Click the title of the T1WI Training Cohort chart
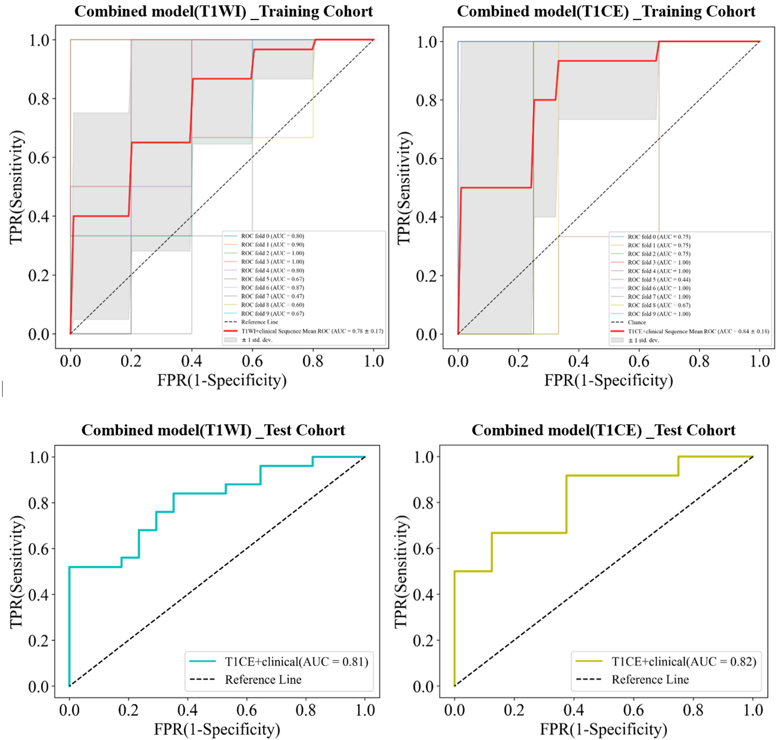(224, 12)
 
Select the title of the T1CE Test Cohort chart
(603, 430)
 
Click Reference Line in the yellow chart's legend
(650, 680)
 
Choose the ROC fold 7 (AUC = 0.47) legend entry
(272, 296)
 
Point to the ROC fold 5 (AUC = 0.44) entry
(659, 279)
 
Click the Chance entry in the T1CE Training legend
(637, 322)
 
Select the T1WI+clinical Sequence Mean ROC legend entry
(312, 331)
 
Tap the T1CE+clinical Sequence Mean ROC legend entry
(698, 331)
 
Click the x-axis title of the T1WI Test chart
(217, 729)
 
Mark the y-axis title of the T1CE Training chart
(404, 188)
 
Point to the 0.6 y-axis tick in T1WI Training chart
(42, 158)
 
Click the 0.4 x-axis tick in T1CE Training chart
(578, 361)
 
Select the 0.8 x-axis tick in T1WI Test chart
(306, 710)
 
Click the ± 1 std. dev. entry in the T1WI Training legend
(256, 340)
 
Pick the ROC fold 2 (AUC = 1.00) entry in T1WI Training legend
(272, 253)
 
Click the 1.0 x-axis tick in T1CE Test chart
(753, 710)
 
